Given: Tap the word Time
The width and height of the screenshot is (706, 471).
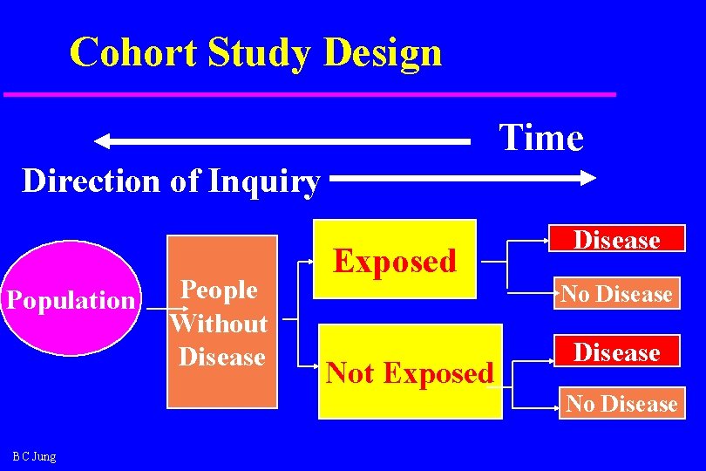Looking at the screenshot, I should tap(540, 138).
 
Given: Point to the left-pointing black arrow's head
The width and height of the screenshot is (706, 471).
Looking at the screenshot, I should tap(103, 140).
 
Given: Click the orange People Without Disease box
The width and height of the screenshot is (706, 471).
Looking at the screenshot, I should tap(221, 322).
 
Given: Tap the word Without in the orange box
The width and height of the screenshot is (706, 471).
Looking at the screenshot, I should tap(221, 324).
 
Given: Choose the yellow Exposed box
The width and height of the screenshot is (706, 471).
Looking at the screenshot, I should tap(395, 260).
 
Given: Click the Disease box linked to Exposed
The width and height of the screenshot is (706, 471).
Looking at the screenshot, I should tap(617, 240).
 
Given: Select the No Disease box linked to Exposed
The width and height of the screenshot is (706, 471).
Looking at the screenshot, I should tap(617, 294).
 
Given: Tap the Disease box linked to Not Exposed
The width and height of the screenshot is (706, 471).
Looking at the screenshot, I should tap(617, 352).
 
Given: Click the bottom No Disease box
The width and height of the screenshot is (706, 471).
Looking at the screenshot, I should tap(621, 403).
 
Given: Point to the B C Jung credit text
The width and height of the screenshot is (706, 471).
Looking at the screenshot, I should tap(34, 456).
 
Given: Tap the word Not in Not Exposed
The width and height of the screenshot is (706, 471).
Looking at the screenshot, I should tap(350, 373).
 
